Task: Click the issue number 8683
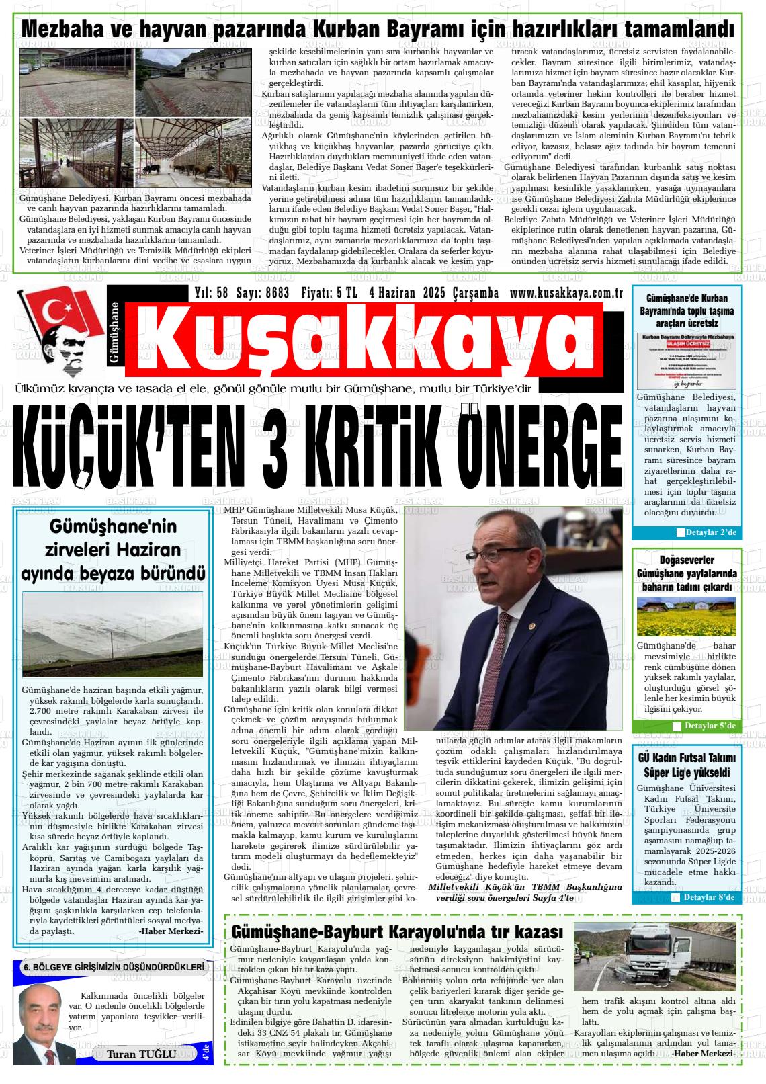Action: click(x=277, y=293)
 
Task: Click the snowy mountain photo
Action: click(x=112, y=634)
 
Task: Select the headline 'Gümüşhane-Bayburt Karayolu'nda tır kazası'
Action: click(x=396, y=931)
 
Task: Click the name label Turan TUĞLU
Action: click(x=141, y=1054)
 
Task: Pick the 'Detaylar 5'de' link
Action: click(x=710, y=726)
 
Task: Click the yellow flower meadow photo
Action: click(x=686, y=616)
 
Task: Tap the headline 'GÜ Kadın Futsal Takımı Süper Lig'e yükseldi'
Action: click(x=686, y=765)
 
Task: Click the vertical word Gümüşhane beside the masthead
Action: click(x=114, y=333)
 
